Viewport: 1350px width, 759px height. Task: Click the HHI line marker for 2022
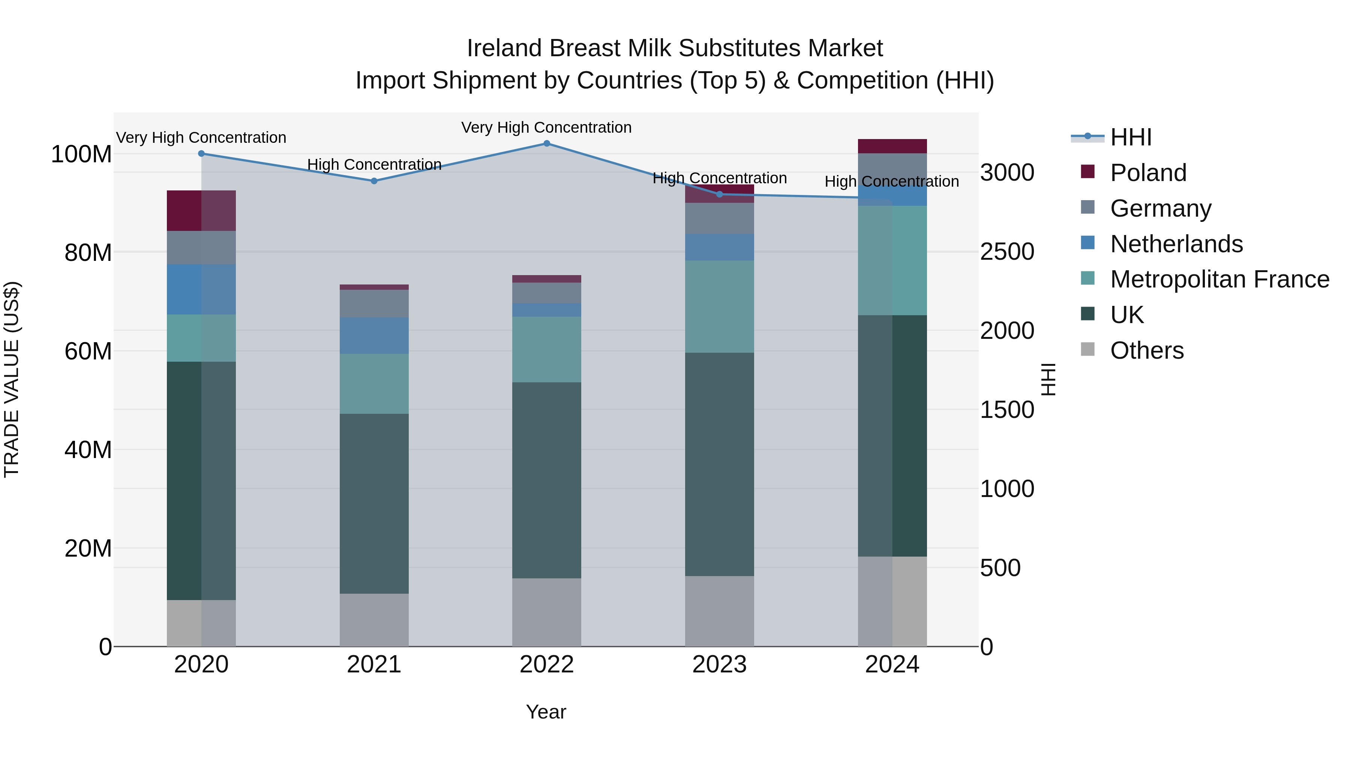(x=547, y=144)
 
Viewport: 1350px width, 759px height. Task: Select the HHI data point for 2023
(x=720, y=194)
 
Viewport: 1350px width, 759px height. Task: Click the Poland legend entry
(x=1148, y=173)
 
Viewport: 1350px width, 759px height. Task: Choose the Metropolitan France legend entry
(x=1219, y=279)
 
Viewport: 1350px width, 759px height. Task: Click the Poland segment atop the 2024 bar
(x=892, y=146)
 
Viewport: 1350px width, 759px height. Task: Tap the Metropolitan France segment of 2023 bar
(x=720, y=307)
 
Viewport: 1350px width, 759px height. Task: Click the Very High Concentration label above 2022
(x=547, y=128)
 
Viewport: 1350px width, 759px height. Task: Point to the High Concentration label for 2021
(x=374, y=165)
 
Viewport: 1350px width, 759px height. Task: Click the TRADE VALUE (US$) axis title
(x=12, y=379)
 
